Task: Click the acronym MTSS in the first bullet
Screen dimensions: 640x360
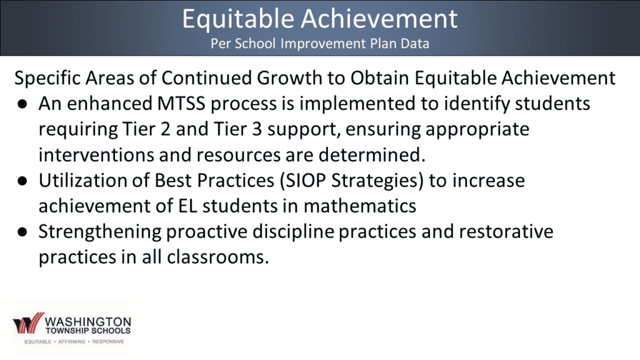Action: (181, 104)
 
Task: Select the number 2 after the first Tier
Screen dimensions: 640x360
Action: (165, 129)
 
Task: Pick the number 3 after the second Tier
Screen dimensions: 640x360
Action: (257, 129)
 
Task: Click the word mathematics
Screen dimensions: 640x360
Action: (359, 206)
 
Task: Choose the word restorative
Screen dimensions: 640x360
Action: (506, 231)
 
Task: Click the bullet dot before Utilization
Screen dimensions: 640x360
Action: (22, 181)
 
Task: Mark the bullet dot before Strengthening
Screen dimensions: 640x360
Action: (22, 232)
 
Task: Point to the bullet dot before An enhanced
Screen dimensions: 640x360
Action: (22, 104)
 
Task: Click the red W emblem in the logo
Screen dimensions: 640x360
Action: (28, 323)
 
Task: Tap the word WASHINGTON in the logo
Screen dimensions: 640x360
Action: (88, 322)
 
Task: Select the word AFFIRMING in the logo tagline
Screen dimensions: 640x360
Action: (71, 342)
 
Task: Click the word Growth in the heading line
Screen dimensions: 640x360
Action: (289, 78)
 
